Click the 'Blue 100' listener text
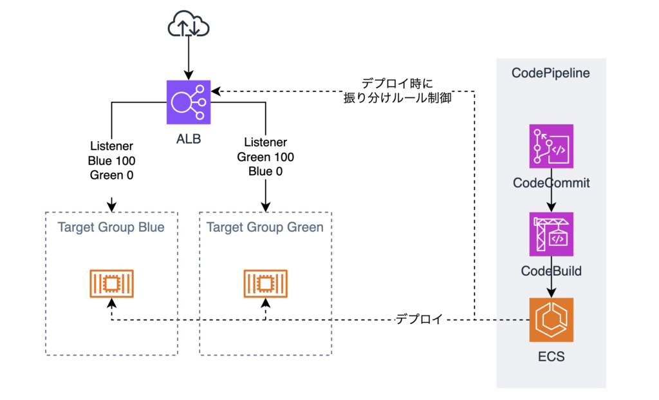[x=111, y=160]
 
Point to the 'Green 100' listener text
[x=265, y=157]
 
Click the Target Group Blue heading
[x=111, y=227]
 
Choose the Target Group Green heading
[x=265, y=227]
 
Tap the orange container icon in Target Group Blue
[x=111, y=284]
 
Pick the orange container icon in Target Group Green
[x=265, y=284]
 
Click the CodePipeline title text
[x=551, y=73]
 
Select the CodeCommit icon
[x=551, y=146]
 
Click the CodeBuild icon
[x=551, y=234]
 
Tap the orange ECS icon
[x=551, y=320]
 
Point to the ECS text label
[x=551, y=356]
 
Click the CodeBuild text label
[x=551, y=271]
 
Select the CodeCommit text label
[x=551, y=183]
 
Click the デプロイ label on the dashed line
[x=418, y=319]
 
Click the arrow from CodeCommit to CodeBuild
[x=551, y=200]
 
